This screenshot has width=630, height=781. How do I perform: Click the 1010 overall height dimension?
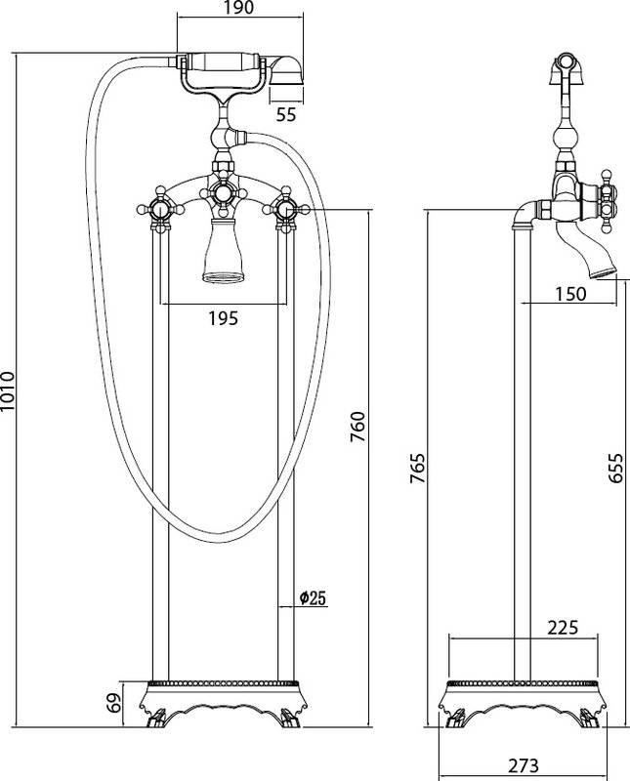pos(9,391)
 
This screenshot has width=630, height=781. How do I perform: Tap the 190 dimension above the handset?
pos(239,8)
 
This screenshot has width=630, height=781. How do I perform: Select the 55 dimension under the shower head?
pos(286,114)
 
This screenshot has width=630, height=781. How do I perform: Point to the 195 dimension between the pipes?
pos(224,318)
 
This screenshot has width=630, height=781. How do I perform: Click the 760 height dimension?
pos(358,427)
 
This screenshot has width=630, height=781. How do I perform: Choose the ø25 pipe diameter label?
pos(313,597)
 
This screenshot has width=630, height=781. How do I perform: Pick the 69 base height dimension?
pos(114,703)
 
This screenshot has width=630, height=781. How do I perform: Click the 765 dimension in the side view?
pos(417,468)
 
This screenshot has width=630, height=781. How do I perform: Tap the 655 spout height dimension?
pos(616,468)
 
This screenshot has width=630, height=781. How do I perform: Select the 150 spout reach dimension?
pos(570,294)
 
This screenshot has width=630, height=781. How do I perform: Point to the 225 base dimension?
pos(563,628)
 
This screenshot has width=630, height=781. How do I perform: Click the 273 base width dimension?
pos(524,764)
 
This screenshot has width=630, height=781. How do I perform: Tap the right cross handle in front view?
pos(285,209)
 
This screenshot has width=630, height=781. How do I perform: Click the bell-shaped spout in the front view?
pos(224,252)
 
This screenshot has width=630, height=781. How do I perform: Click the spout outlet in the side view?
pos(603,272)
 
